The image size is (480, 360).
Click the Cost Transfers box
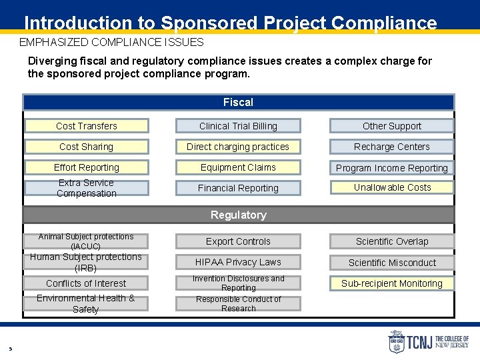point(87,126)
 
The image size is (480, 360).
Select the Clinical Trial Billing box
point(238,126)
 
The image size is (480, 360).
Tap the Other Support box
point(392,126)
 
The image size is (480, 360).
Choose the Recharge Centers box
point(392,147)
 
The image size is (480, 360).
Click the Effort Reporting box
point(87,167)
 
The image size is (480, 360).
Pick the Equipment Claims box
point(238,167)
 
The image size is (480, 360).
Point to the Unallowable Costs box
point(392,187)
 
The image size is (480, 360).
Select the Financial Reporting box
point(238,188)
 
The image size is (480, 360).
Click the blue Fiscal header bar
point(238,102)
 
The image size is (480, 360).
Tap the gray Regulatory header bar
point(238,215)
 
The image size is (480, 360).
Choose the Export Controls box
point(238,241)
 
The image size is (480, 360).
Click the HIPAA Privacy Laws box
point(238,262)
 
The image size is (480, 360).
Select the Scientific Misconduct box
point(392,263)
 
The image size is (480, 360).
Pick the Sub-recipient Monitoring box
point(392,283)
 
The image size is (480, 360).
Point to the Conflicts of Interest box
point(86,283)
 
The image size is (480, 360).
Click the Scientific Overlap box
point(392,241)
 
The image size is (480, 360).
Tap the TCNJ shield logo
point(397,342)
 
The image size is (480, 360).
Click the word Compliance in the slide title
point(383,23)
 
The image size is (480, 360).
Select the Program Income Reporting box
point(392,168)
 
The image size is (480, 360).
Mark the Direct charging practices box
point(238,147)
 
